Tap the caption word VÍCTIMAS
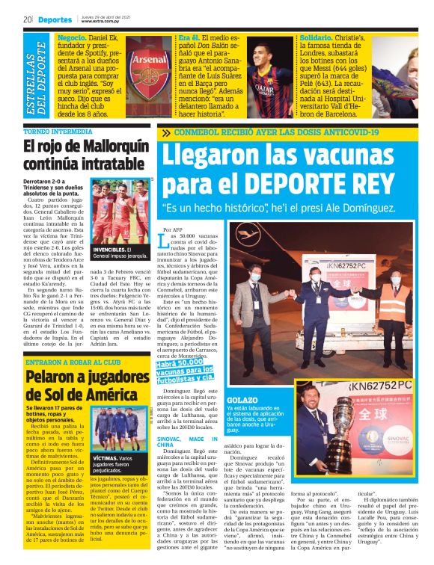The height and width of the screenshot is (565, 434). [106, 457]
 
